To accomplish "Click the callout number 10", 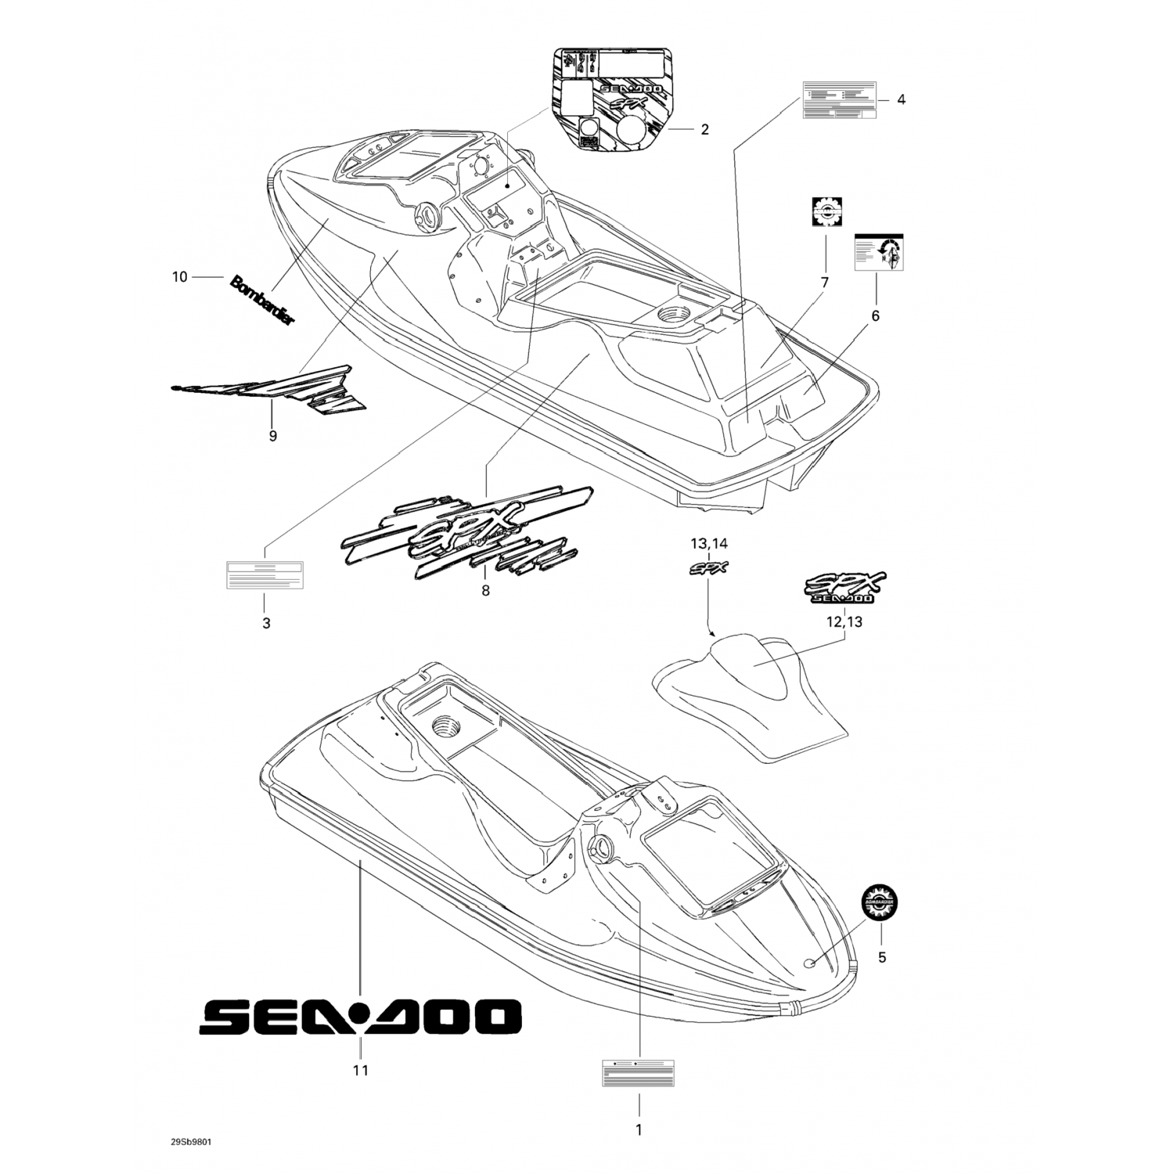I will click(x=180, y=277).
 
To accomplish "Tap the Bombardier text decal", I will click(x=263, y=301).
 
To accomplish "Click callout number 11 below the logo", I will click(x=360, y=1070).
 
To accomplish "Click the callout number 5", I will click(x=882, y=957).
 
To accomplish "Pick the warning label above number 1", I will click(x=638, y=1073).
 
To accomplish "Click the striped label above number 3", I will click(x=265, y=575).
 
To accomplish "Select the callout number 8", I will click(x=485, y=591).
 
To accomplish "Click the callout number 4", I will click(x=901, y=99).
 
